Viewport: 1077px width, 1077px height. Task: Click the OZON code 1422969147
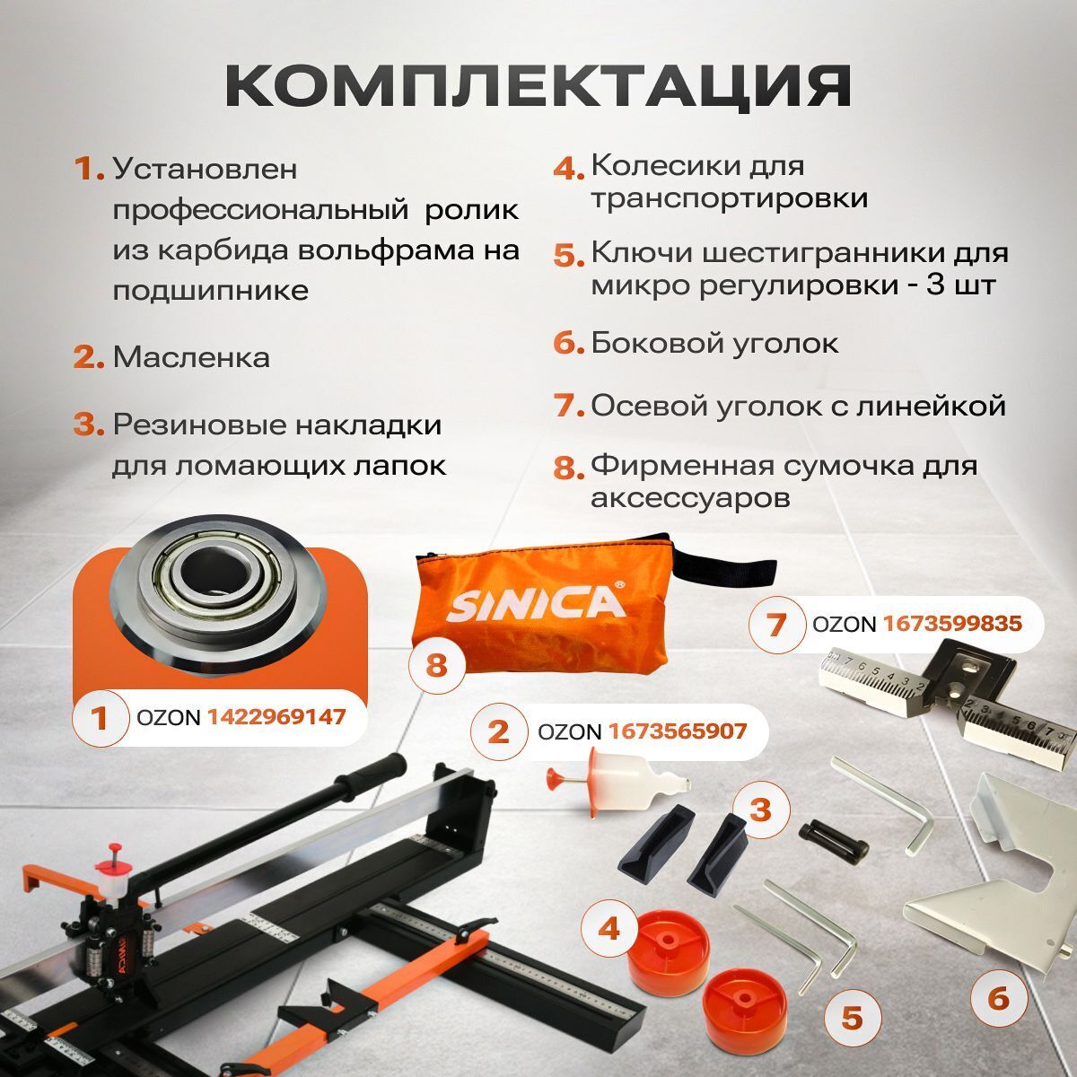[276, 717]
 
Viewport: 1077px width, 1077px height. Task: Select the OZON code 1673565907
[678, 731]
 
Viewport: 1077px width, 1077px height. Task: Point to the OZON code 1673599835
[952, 623]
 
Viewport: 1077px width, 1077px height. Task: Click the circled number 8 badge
[436, 666]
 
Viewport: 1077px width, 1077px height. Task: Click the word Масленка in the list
[191, 357]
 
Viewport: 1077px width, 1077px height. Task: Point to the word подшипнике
[211, 291]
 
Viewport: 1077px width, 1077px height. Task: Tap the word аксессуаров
[690, 497]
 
